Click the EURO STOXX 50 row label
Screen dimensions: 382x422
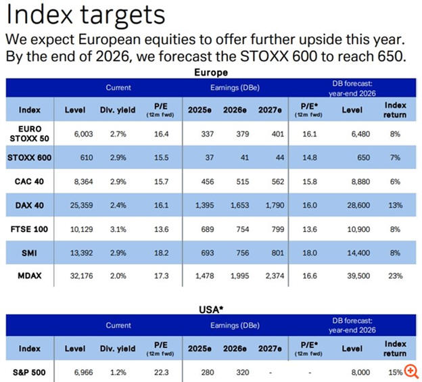(29, 131)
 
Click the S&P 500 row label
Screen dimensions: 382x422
(30, 372)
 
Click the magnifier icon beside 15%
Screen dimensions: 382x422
(411, 371)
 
